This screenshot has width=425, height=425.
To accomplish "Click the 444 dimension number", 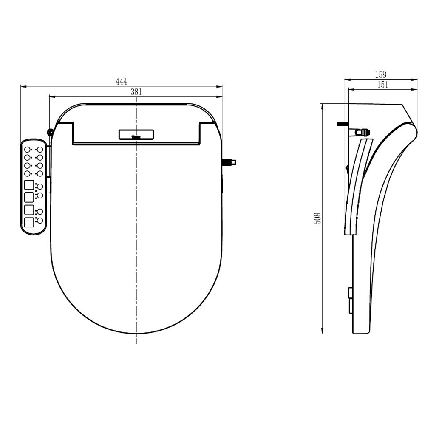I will tap(122, 82).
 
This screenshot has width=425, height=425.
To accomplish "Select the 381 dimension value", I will tap(136, 91).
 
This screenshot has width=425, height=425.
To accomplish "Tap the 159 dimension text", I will tap(381, 74).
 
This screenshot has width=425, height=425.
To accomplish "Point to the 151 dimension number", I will tap(382, 84).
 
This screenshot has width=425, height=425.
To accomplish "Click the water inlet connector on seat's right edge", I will tap(230, 162).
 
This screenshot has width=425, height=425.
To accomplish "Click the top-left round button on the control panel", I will tap(27, 150).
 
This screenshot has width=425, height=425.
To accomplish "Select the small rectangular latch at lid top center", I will tap(136, 135).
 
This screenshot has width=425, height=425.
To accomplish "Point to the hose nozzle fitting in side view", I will tap(365, 130).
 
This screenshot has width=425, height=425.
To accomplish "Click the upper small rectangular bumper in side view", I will tap(350, 293).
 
